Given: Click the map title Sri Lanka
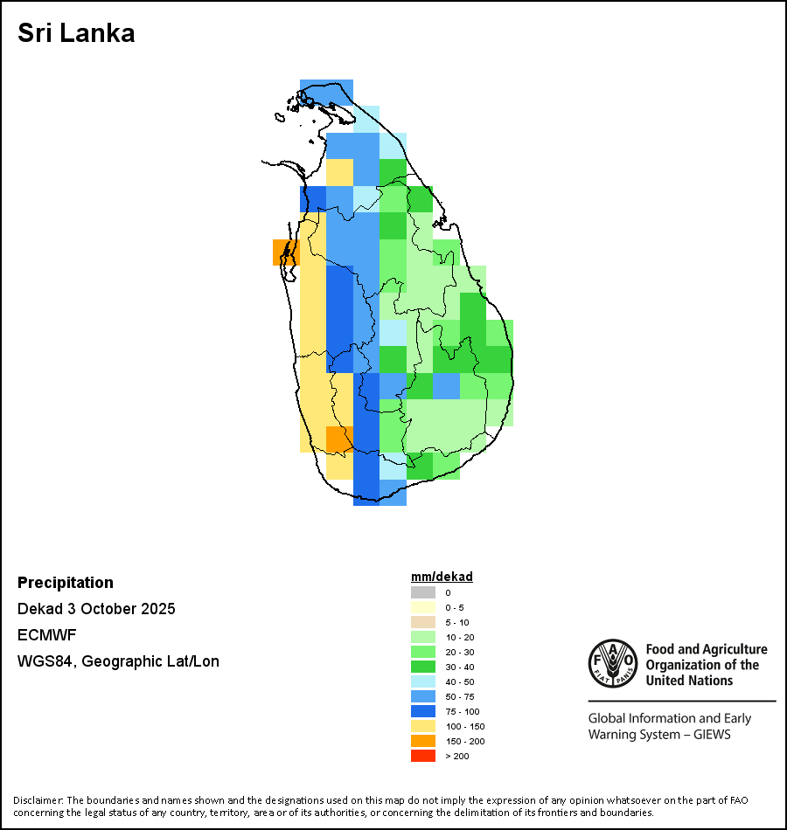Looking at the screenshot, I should tap(76, 34).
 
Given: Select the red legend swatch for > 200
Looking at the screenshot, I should tap(423, 756).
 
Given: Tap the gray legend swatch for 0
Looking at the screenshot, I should tap(423, 592).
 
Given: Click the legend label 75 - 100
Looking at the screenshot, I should tap(463, 711).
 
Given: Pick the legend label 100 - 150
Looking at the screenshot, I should tap(465, 726).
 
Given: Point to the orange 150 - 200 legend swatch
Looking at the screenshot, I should tap(423, 741).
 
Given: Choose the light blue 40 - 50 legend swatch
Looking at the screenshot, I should tap(423, 681).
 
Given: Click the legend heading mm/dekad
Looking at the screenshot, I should tap(442, 577).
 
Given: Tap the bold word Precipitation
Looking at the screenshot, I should tap(66, 583).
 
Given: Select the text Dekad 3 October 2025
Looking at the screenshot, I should tap(96, 609).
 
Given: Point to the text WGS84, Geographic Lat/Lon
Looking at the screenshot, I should tap(118, 661).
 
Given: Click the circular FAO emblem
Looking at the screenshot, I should tap(612, 665).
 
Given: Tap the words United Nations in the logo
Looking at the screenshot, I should tap(689, 680).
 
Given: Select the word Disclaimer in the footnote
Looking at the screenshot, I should tap(38, 800).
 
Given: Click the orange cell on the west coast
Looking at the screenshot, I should tap(286, 252).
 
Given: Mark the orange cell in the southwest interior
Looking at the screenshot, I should tap(339, 439).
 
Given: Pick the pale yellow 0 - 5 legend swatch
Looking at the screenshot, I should tap(423, 607).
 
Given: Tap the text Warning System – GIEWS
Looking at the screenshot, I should tap(659, 734).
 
